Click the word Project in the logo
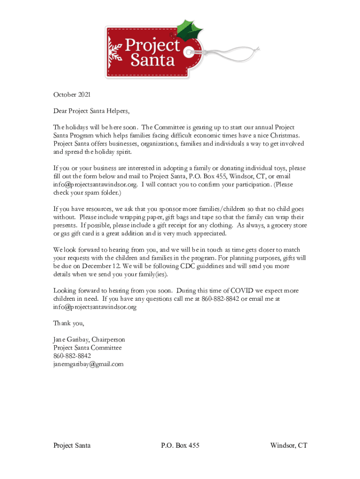(152, 46)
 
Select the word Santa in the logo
(152, 60)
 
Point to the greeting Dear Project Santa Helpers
(91, 111)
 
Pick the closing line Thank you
(68, 323)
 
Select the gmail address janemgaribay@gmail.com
(88, 364)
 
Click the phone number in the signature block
(72, 356)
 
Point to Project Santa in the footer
(72, 445)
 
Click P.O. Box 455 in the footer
(180, 445)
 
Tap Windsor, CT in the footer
(288, 445)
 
